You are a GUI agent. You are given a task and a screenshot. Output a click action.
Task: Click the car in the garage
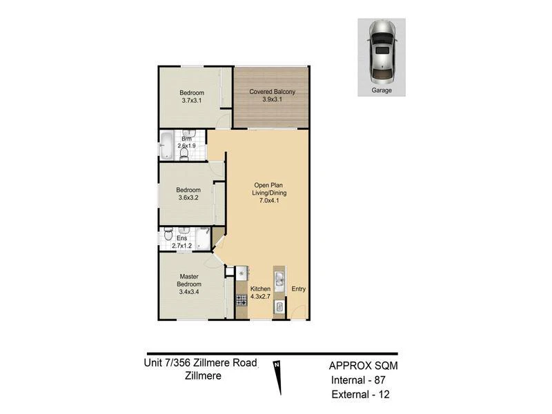[x=382, y=51]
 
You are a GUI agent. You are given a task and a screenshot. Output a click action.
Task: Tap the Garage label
[x=382, y=90]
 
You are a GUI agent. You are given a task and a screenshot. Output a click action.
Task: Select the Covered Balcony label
[x=272, y=92]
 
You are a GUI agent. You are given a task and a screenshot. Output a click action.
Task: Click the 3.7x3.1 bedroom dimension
[x=192, y=101]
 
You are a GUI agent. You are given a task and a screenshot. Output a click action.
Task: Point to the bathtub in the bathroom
[x=166, y=145]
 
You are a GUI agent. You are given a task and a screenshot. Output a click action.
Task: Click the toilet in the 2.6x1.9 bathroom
[x=184, y=153]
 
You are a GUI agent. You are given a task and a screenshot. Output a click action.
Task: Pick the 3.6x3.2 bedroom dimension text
[x=188, y=198]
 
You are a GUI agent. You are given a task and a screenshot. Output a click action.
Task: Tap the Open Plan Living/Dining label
[x=269, y=189]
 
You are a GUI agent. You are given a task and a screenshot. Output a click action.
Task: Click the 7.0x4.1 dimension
[x=269, y=201]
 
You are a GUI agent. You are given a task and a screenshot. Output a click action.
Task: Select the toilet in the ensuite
[x=168, y=233]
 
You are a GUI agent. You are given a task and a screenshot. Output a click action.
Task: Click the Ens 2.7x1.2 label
[x=181, y=242]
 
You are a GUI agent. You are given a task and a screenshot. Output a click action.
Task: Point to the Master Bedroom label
[x=189, y=281]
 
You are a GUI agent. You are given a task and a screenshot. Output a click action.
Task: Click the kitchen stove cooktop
[x=241, y=300]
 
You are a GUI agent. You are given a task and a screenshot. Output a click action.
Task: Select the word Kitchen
[x=261, y=289]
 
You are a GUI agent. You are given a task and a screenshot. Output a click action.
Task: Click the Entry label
[x=299, y=289]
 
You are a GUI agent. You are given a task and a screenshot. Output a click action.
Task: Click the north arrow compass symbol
[x=278, y=378]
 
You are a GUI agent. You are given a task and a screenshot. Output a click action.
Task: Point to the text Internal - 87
[x=358, y=381]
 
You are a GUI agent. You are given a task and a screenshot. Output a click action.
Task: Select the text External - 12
[x=360, y=395]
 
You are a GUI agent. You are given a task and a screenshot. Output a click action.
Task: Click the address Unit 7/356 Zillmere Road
[x=200, y=363]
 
